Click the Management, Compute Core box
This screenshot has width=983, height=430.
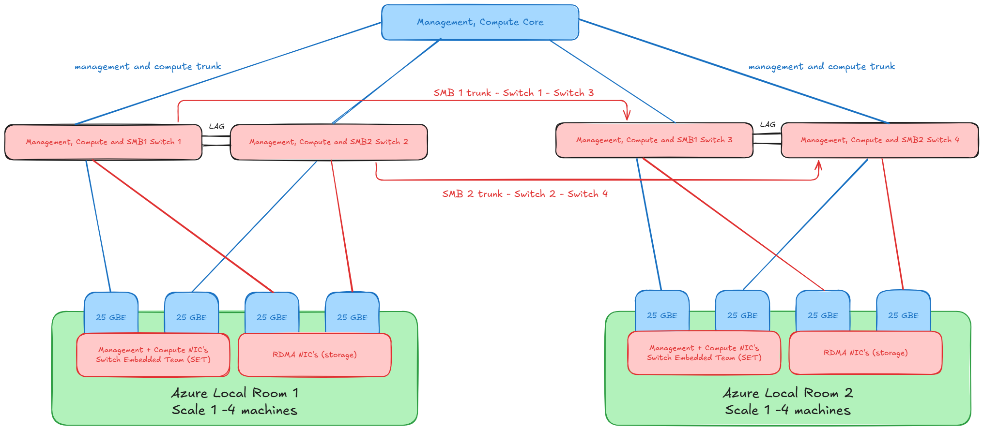[480, 22]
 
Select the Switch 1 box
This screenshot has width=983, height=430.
[103, 142]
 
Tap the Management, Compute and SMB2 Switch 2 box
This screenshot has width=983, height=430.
[329, 142]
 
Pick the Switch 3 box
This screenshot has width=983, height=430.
[654, 140]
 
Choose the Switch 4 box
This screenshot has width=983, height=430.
[880, 140]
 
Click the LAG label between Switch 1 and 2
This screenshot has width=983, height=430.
[216, 126]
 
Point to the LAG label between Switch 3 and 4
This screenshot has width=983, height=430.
[768, 124]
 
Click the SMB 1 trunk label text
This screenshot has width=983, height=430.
[513, 93]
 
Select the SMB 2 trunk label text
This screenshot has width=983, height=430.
[524, 194]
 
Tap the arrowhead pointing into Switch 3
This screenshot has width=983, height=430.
[627, 117]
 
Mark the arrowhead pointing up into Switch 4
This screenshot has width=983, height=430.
[818, 165]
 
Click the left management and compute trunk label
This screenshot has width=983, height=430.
[148, 66]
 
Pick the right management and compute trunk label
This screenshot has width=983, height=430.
[821, 66]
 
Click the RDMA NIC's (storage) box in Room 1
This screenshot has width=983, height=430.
[314, 355]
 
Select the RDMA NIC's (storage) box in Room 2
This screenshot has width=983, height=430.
[865, 353]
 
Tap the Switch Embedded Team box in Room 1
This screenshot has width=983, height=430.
[153, 355]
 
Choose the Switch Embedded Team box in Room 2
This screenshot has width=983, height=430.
[704, 353]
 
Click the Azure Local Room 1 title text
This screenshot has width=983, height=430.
[235, 393]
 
